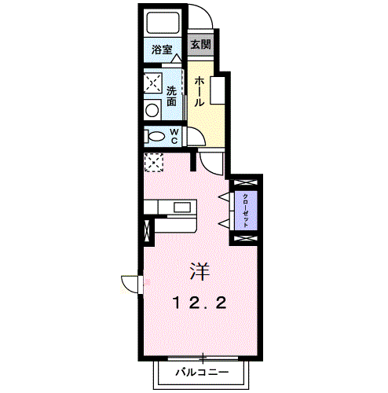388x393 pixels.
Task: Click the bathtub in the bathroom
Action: point(163,25)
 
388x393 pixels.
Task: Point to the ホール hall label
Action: point(200,90)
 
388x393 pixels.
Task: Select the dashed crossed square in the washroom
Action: point(152,84)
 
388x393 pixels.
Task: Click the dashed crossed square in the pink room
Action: point(152,161)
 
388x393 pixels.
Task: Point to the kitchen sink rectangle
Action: point(183,208)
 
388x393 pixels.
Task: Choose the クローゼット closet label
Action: point(245,208)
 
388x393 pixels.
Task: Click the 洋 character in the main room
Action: point(198,273)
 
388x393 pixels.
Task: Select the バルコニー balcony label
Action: point(201,371)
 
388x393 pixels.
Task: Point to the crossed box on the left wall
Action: point(146,233)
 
